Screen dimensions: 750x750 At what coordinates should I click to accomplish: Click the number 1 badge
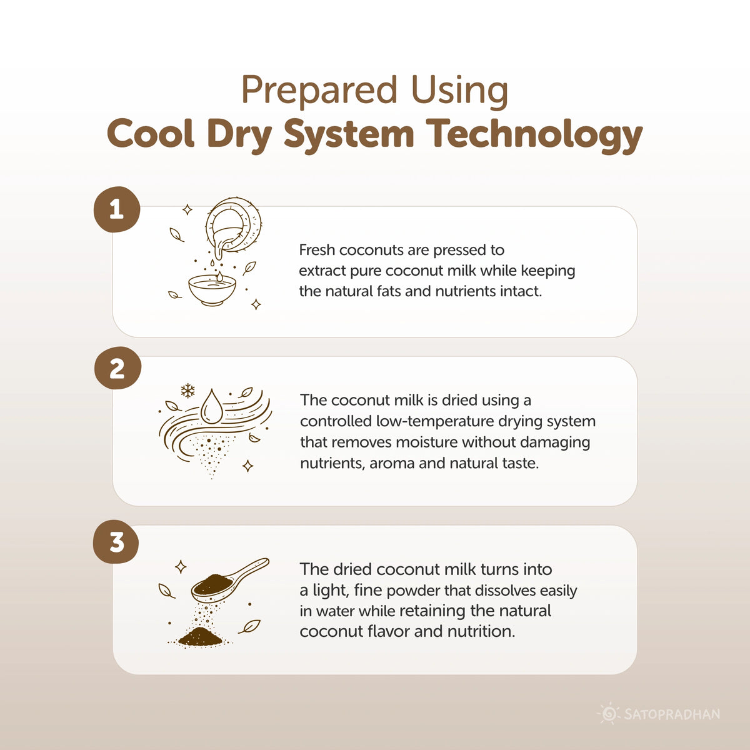click(117, 209)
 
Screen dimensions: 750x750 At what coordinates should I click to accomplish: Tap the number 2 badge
click(117, 368)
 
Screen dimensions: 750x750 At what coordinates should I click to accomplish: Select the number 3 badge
click(116, 542)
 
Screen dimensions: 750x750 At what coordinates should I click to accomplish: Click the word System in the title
click(349, 134)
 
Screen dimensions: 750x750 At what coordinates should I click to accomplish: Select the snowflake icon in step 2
click(187, 391)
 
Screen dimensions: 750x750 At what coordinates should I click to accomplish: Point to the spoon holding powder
click(229, 579)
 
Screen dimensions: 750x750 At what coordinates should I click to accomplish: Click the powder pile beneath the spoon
click(200, 636)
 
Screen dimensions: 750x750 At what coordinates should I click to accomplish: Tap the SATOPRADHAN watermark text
click(672, 714)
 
